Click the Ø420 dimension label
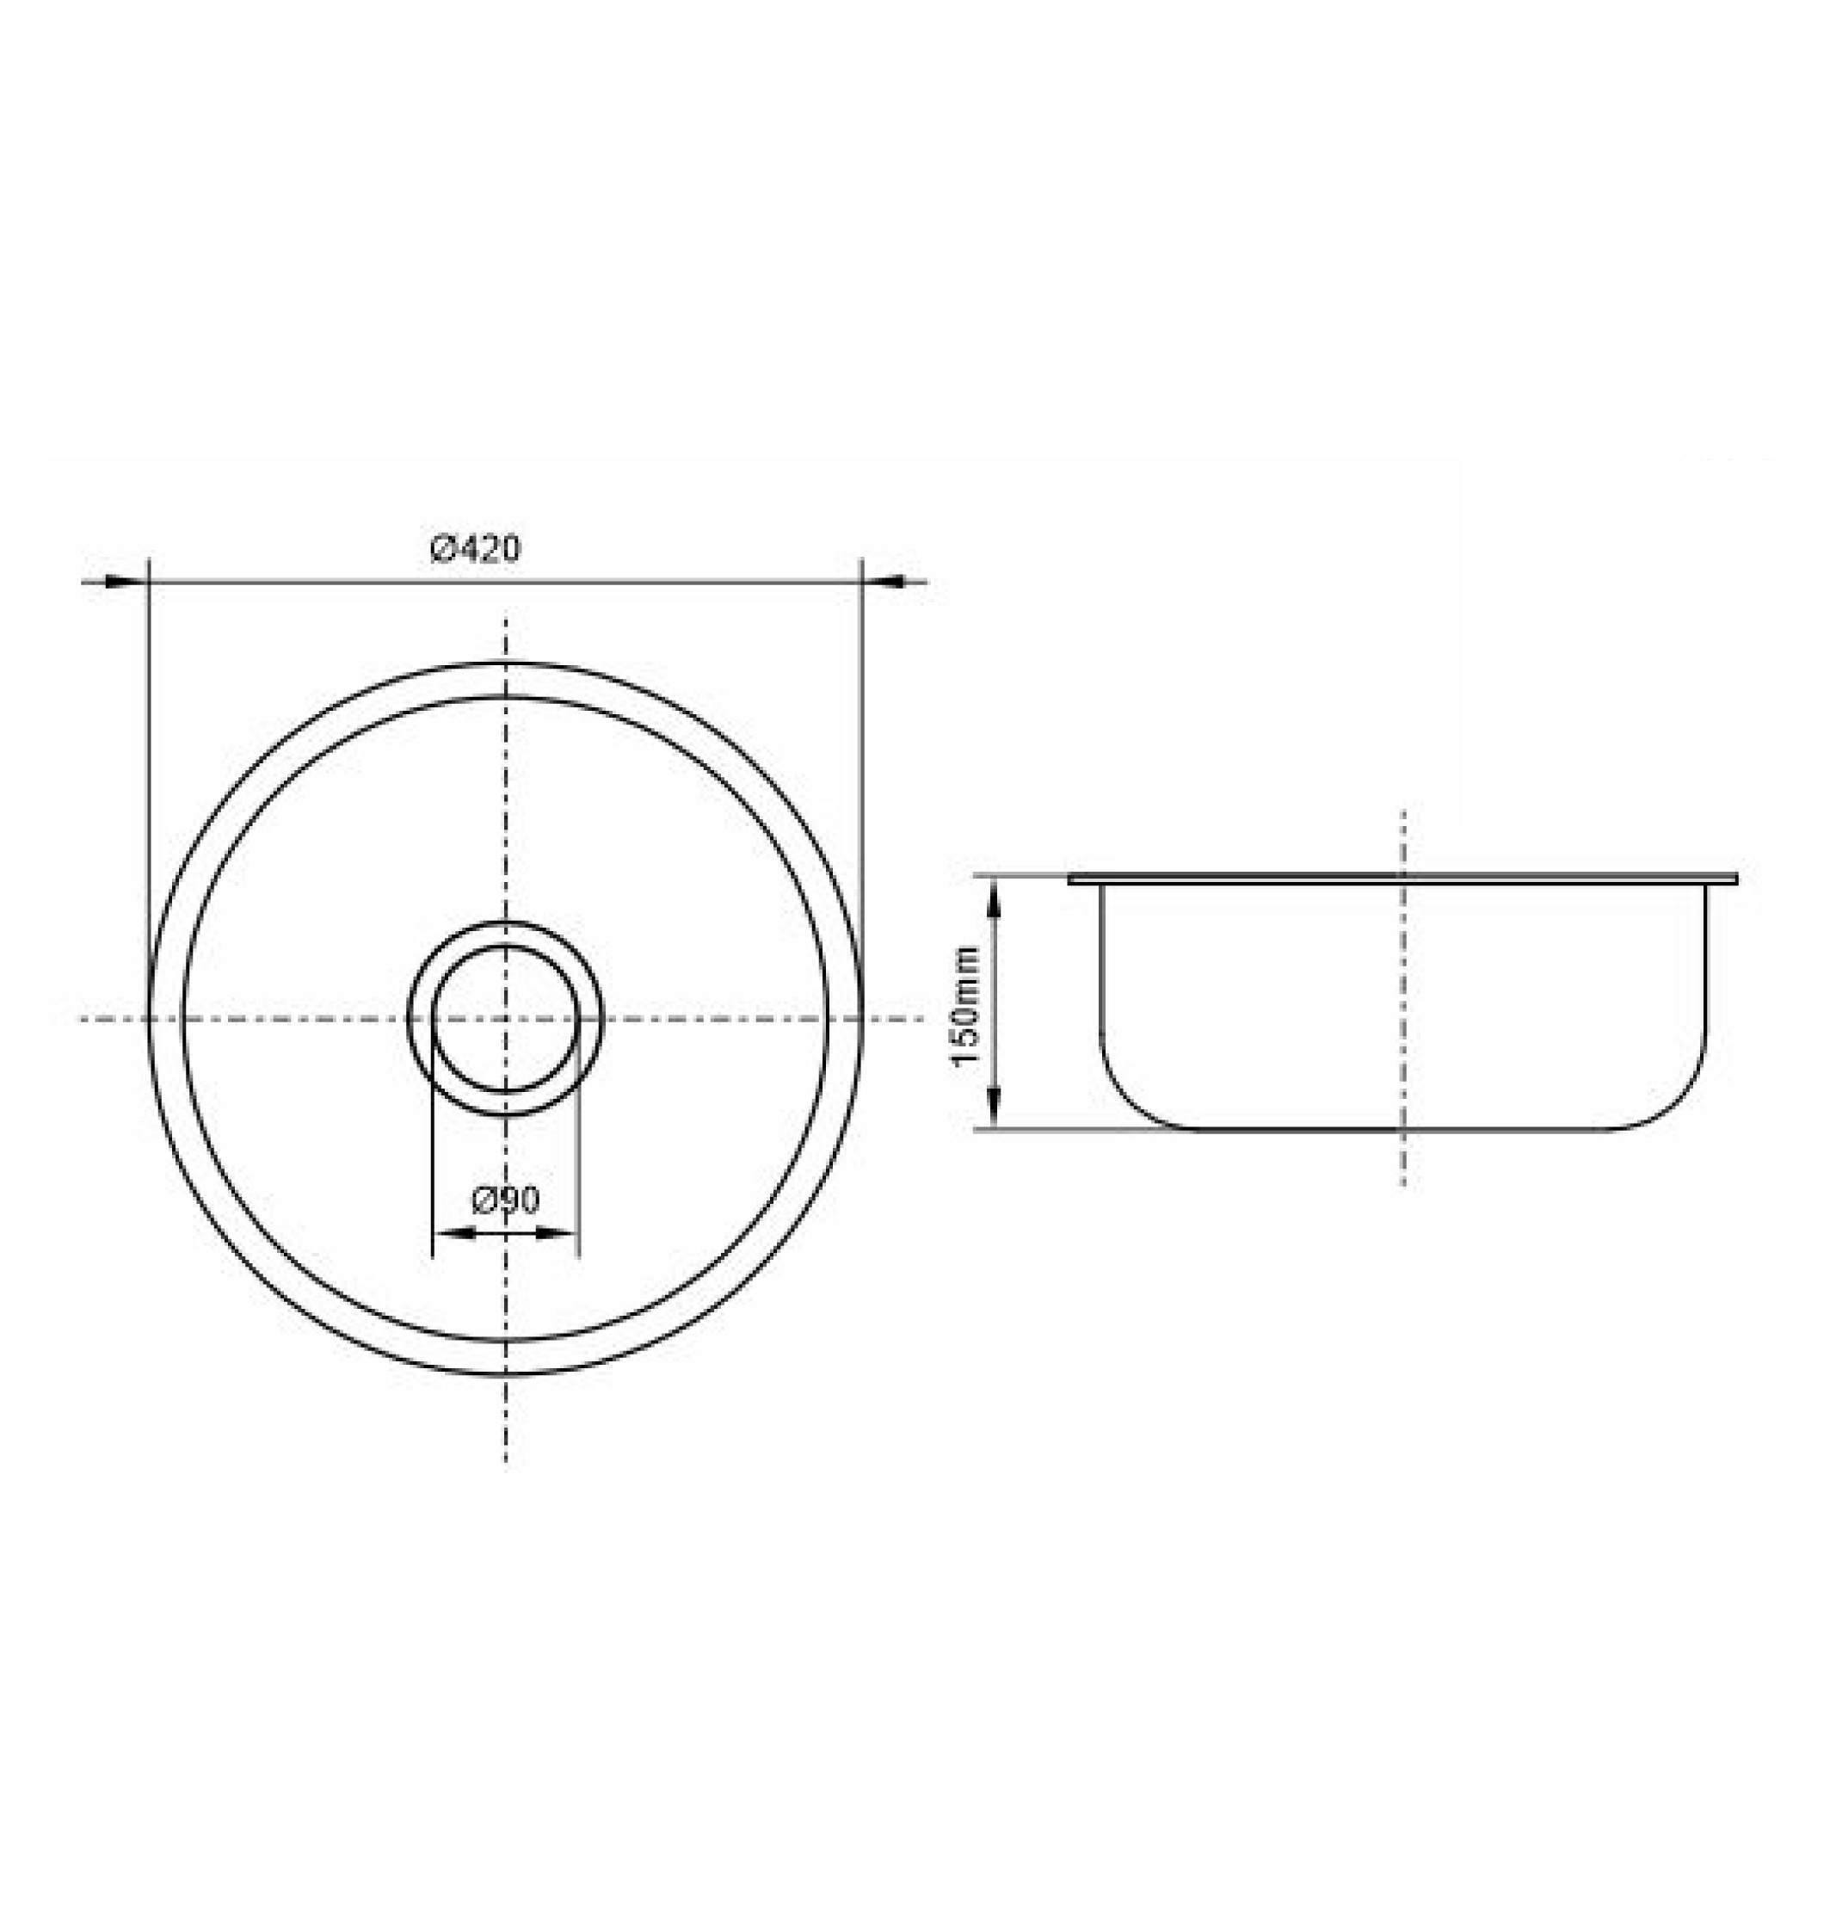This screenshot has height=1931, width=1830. [476, 549]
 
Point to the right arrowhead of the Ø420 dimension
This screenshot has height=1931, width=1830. [884, 583]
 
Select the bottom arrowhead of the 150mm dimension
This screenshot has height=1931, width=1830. [994, 1109]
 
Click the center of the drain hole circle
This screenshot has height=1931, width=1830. [505, 1019]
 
